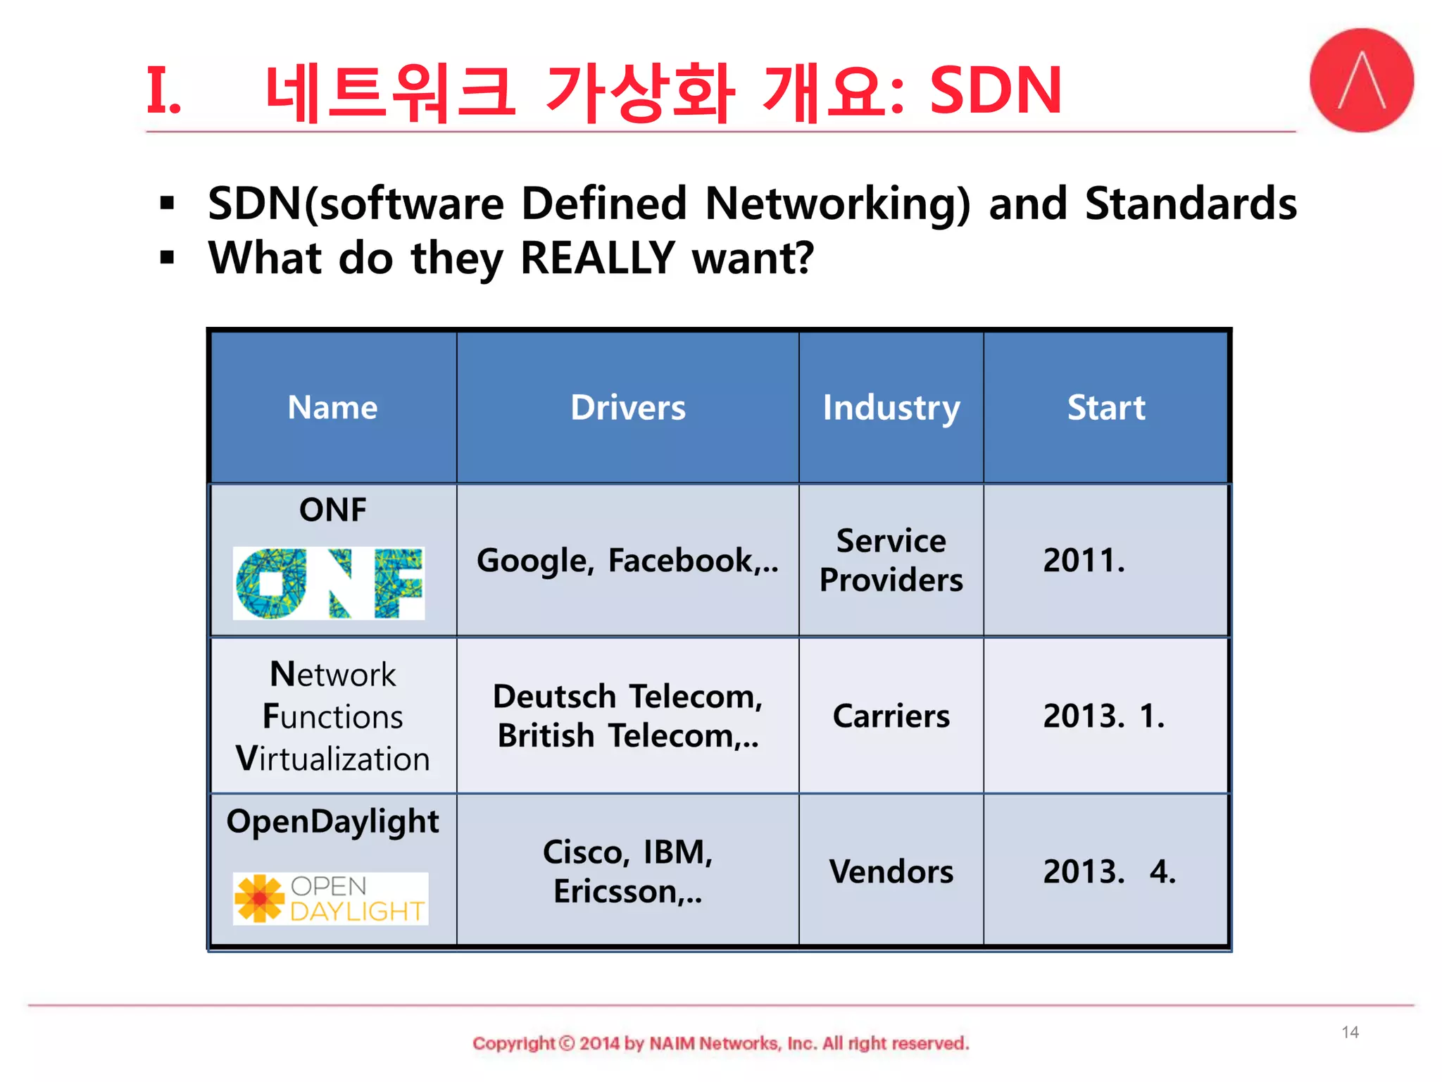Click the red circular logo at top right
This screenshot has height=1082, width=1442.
[1361, 80]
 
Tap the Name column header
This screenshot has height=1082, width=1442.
[332, 407]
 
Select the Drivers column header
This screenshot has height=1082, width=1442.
[627, 407]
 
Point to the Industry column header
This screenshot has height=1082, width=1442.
[891, 407]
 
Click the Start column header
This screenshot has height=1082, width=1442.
[1106, 407]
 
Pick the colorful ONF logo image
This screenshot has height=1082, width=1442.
[329, 583]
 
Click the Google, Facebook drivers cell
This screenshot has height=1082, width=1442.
[627, 561]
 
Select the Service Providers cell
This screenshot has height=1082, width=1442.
[891, 561]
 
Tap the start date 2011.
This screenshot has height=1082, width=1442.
[1084, 561]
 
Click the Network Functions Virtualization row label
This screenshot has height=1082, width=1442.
[332, 716]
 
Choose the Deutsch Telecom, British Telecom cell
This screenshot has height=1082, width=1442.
[627, 716]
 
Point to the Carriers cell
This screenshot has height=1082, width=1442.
[891, 716]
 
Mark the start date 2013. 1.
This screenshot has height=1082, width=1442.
[1103, 716]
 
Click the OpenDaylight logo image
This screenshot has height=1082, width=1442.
[330, 899]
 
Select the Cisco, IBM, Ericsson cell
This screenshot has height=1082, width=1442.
[627, 871]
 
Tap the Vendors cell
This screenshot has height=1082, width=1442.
[891, 871]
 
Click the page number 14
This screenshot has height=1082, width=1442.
[1350, 1032]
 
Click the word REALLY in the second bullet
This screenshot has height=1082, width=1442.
[598, 258]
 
